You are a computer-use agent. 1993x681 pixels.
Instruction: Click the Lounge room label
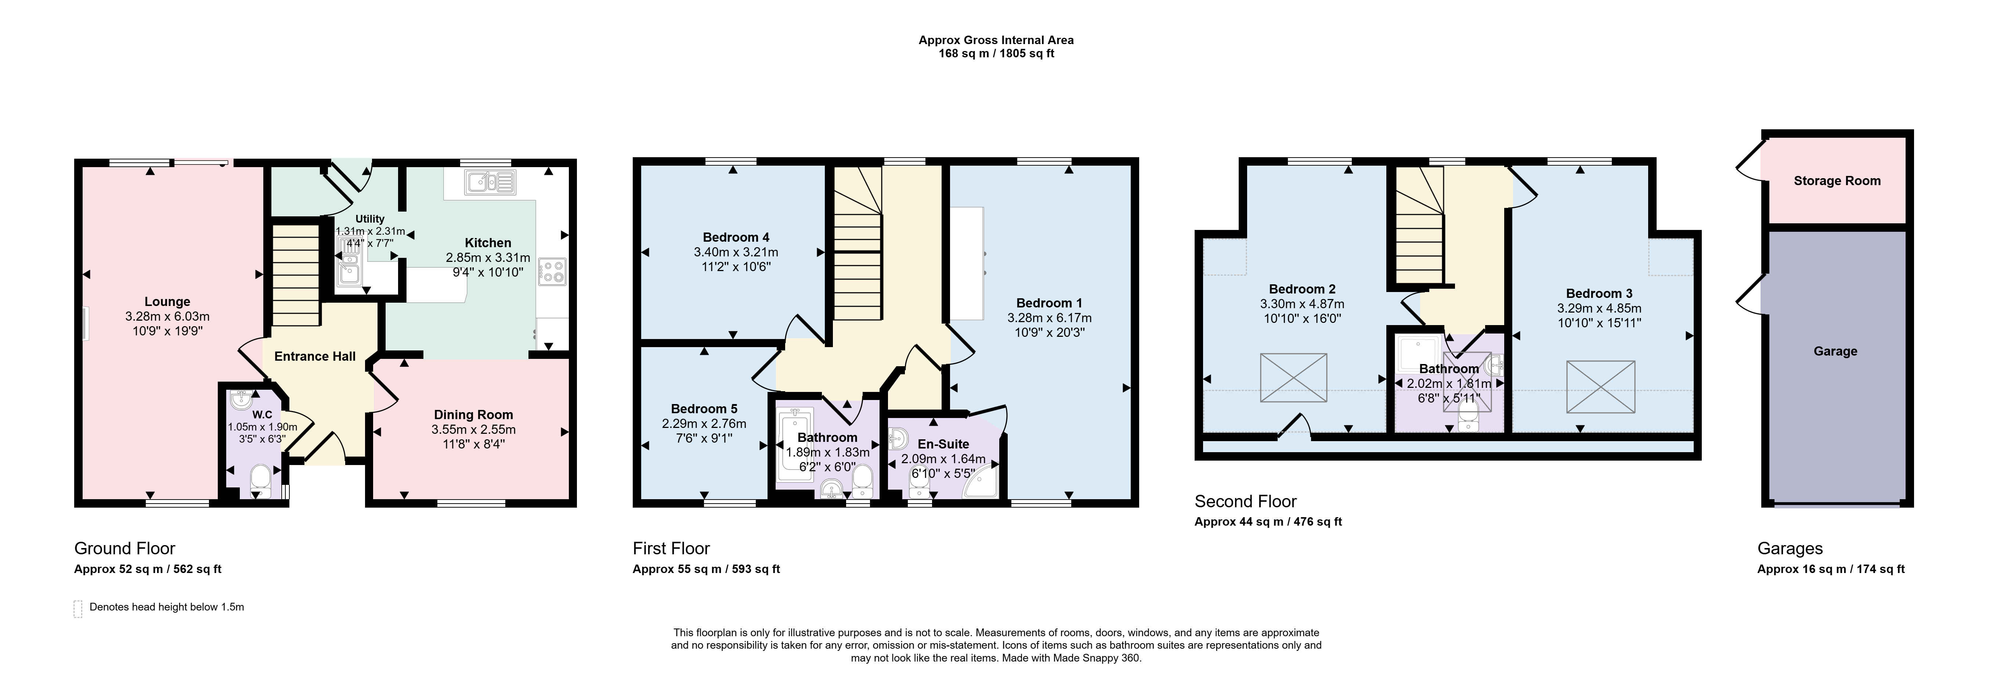[x=167, y=302]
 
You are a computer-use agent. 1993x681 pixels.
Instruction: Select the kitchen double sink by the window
[x=490, y=183]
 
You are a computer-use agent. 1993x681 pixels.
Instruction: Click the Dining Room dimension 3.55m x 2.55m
[x=473, y=429]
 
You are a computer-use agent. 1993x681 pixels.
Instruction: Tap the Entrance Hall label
[x=315, y=356]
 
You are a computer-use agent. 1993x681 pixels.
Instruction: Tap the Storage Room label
[x=1837, y=181]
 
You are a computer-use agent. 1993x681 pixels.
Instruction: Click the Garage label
[x=1835, y=351]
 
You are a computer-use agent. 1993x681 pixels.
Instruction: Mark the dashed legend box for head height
[x=77, y=608]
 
